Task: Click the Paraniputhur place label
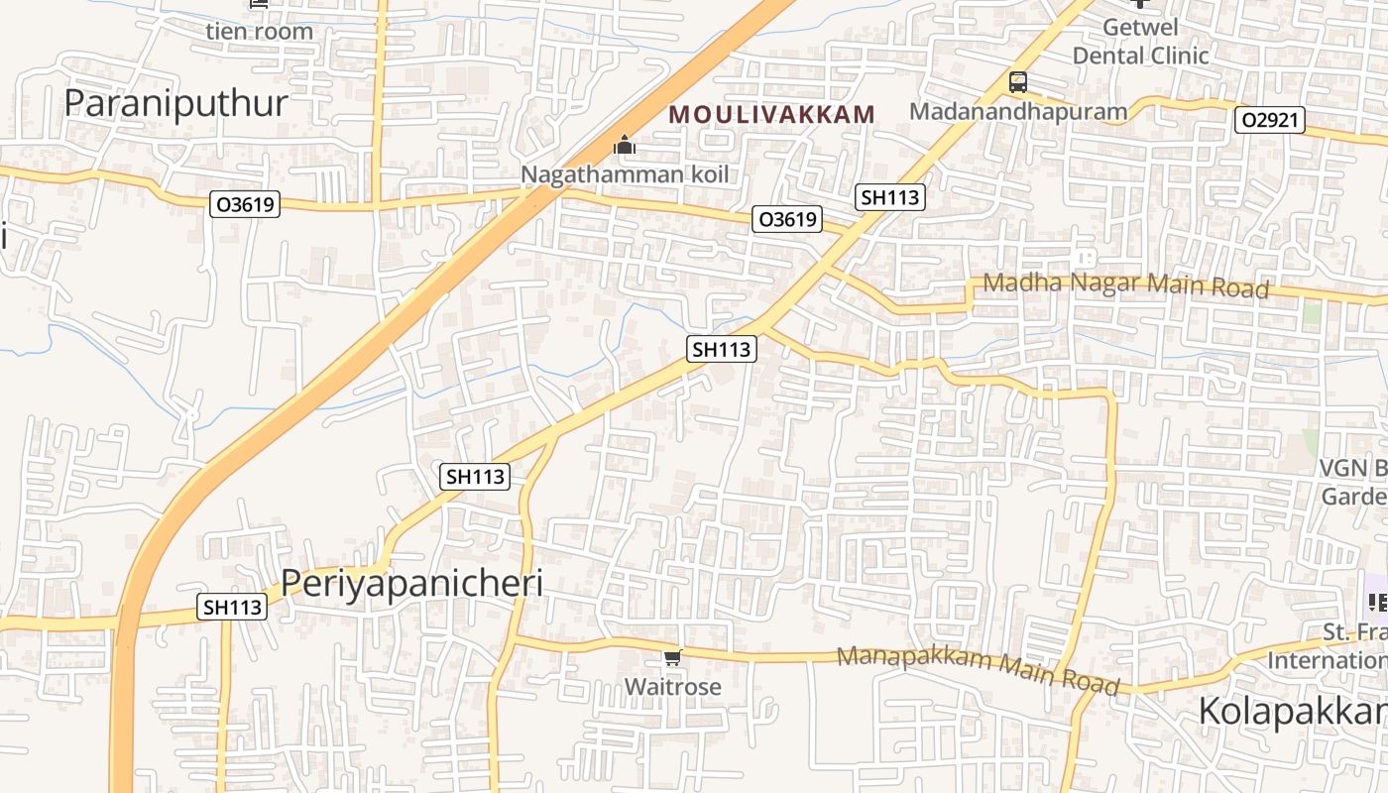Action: (175, 103)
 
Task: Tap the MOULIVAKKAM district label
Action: (772, 115)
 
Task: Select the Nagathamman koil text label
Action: (625, 174)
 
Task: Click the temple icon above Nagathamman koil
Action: (624, 147)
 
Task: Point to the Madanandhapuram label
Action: (1018, 111)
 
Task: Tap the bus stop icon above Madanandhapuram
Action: (1018, 82)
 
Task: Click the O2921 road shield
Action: (1270, 121)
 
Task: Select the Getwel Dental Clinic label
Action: (1140, 43)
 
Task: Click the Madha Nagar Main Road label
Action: (1125, 285)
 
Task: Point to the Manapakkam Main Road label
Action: (979, 669)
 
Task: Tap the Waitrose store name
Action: (672, 686)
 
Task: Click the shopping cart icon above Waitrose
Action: (673, 657)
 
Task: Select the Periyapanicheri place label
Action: (411, 583)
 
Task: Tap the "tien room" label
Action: (259, 31)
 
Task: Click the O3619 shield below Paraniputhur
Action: (246, 205)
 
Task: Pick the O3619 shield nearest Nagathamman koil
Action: (788, 219)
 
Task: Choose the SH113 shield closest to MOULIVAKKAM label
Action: (890, 197)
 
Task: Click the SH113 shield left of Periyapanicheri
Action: (233, 607)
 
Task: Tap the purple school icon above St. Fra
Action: (1376, 601)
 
